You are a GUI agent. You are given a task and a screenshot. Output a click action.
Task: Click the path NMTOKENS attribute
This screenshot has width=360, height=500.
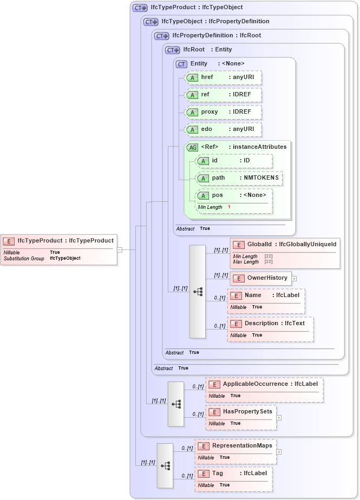(x=239, y=178)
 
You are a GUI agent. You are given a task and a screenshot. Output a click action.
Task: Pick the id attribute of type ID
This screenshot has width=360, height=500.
(x=233, y=161)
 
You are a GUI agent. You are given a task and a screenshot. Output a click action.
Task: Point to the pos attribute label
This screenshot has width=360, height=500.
(x=218, y=195)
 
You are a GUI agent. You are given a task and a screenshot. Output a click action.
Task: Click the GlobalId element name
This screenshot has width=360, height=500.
(x=259, y=245)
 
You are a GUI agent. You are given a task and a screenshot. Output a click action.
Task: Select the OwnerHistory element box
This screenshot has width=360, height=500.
(x=261, y=278)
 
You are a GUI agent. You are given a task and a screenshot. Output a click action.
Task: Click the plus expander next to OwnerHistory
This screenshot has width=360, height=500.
(x=294, y=279)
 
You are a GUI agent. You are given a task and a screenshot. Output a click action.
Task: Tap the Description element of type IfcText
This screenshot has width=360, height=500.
(x=271, y=324)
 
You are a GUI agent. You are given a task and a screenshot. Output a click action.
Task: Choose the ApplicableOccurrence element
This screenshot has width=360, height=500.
(x=264, y=384)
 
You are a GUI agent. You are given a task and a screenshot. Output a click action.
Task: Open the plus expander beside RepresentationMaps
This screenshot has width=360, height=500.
(x=279, y=451)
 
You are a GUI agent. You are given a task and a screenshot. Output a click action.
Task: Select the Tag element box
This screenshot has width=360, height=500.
(x=233, y=473)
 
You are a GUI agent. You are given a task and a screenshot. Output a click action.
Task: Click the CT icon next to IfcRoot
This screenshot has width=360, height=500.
(x=172, y=50)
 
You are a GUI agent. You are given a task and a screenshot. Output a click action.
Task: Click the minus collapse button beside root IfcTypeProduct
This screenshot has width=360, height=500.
(x=119, y=249)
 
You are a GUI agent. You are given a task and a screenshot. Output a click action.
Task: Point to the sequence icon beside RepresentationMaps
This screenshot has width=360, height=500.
(x=166, y=465)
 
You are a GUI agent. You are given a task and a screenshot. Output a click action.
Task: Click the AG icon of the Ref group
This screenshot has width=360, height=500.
(x=192, y=147)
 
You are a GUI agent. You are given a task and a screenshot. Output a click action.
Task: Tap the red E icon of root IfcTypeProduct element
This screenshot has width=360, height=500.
(x=9, y=241)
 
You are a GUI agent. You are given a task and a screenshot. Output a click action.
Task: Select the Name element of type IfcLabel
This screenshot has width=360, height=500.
(x=266, y=295)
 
